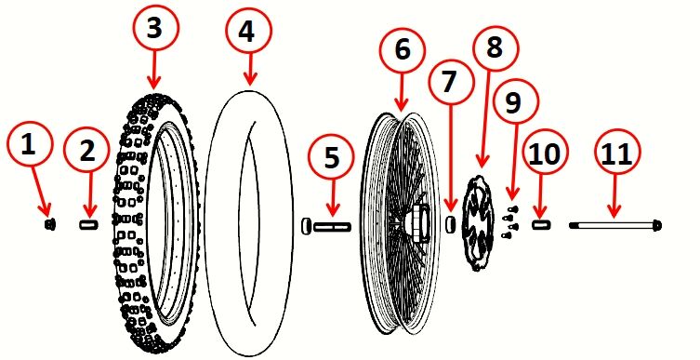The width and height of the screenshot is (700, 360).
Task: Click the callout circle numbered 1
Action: click(x=29, y=146)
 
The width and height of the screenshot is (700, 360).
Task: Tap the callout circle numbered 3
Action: click(x=154, y=30)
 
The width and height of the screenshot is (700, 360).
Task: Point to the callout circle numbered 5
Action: click(x=332, y=158)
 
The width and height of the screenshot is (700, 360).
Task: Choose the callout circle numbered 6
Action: click(x=402, y=52)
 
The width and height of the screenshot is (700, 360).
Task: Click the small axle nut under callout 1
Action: click(x=52, y=224)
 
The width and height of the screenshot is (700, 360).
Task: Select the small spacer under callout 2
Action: click(x=89, y=224)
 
